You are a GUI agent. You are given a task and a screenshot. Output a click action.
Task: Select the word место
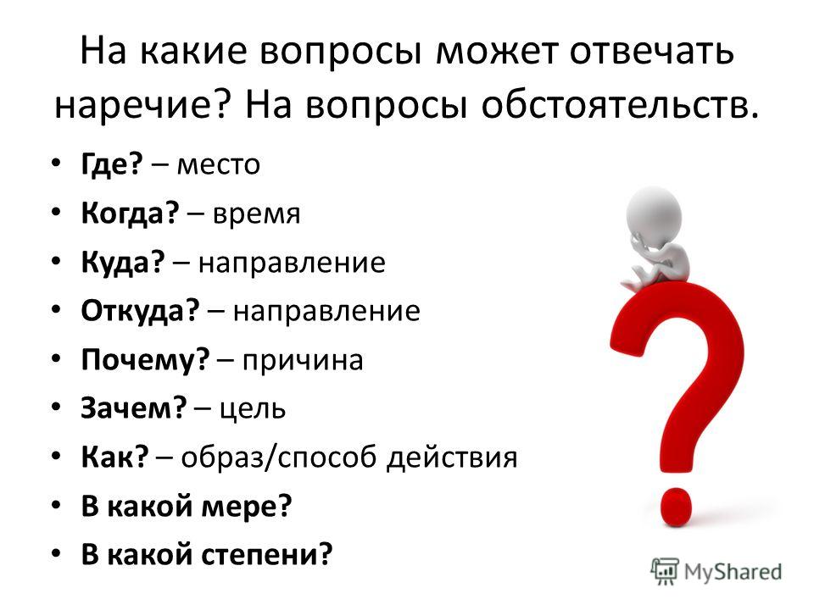tap(219, 165)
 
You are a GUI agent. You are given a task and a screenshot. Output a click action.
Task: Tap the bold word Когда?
tap(130, 213)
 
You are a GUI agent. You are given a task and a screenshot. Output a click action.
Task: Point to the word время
tap(256, 214)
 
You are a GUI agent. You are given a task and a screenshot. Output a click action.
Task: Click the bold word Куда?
tap(123, 263)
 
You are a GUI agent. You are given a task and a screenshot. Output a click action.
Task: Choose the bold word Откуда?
tap(140, 311)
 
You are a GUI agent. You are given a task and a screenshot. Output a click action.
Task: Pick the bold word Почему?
tap(145, 360)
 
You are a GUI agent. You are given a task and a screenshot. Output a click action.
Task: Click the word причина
tap(303, 361)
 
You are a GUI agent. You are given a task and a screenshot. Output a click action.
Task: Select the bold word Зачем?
tap(133, 408)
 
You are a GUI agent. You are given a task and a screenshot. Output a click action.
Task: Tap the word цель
tap(253, 409)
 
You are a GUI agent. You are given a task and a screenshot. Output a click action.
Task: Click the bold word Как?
tap(114, 457)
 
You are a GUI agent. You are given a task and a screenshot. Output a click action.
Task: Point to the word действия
tap(452, 458)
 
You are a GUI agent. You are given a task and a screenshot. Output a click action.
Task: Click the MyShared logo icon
tap(665, 572)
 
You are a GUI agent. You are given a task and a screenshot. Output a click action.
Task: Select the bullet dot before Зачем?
tap(57, 408)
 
